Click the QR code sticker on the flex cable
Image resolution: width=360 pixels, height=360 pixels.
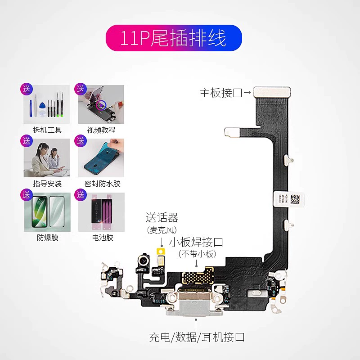coord(288,199)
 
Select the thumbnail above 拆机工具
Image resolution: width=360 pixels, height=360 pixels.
coord(47,104)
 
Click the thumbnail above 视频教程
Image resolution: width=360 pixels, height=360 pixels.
coord(101,104)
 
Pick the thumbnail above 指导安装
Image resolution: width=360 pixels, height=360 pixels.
coord(47,158)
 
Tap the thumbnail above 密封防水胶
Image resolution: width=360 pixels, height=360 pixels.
coord(101,158)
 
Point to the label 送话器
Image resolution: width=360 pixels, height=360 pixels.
coord(162,218)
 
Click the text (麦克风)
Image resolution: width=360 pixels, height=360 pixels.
coord(162,230)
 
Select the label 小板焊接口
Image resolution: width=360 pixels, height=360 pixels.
coord(196,242)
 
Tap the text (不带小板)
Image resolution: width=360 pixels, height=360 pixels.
coord(197,254)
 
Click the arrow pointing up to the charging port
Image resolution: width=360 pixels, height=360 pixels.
coord(196,324)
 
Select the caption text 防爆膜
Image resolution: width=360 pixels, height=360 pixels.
coord(47,238)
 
